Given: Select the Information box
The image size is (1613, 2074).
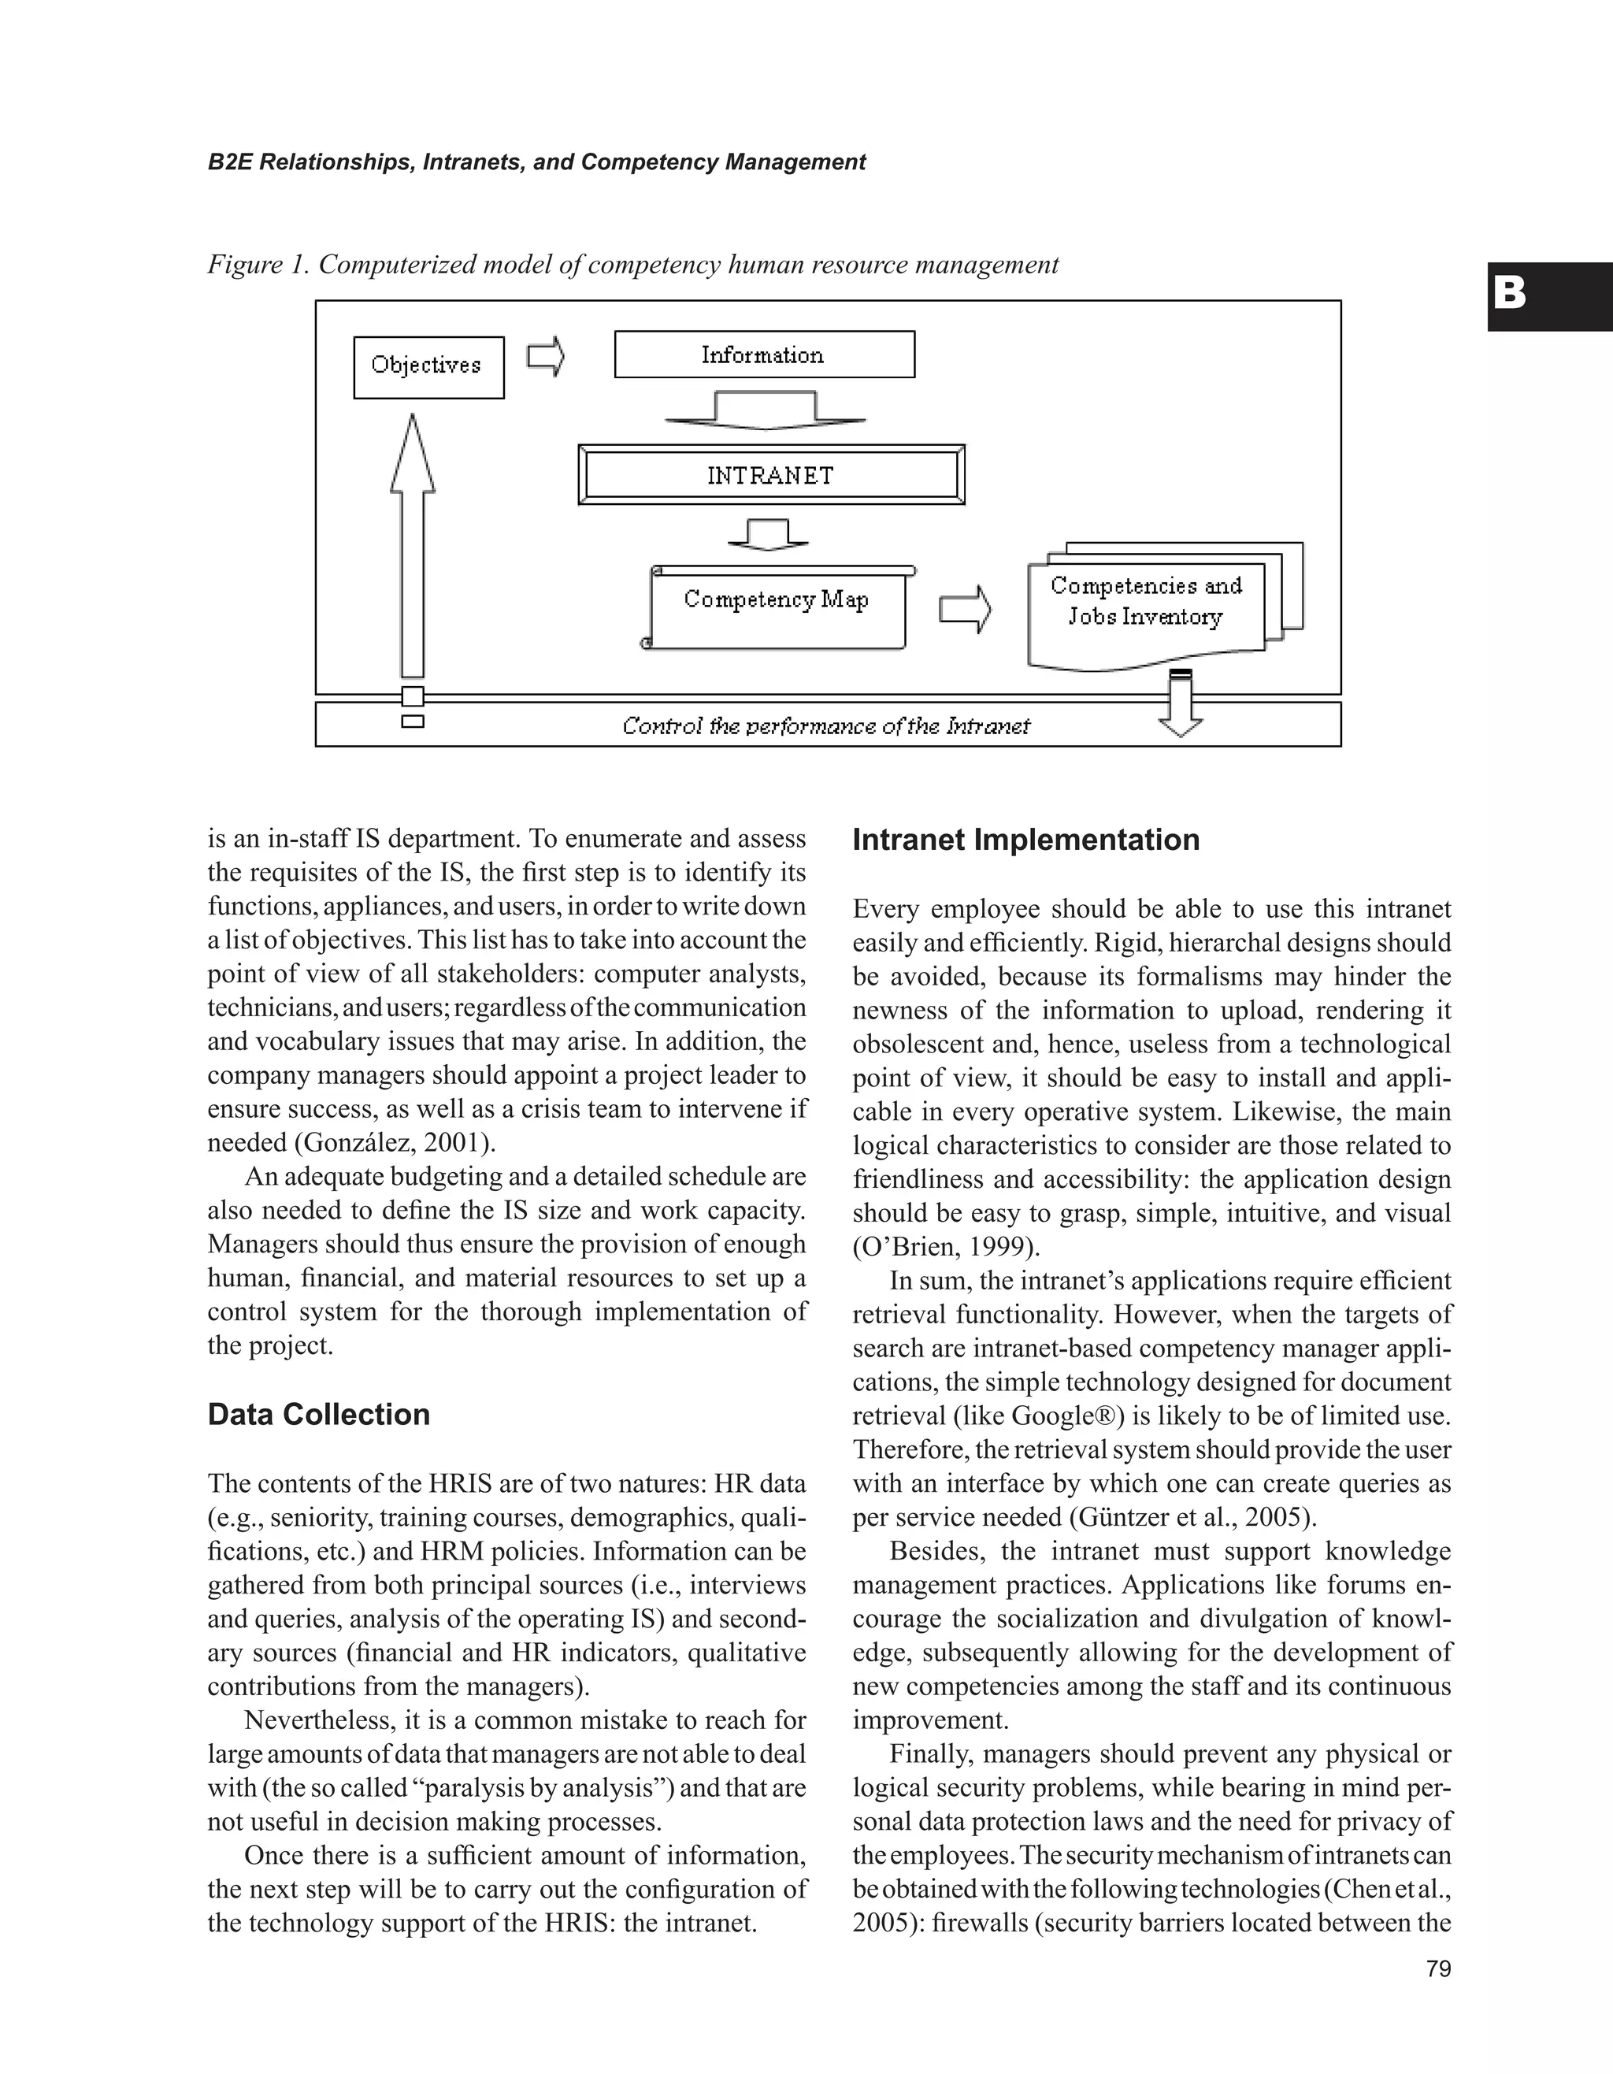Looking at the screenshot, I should (x=764, y=354).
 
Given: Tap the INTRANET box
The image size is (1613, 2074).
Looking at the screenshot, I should (x=770, y=475).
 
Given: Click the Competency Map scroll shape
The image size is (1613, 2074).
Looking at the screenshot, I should (x=777, y=606).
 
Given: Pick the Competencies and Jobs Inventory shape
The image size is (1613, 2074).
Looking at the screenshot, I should (x=1146, y=603).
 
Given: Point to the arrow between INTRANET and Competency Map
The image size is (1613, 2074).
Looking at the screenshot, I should (x=767, y=534).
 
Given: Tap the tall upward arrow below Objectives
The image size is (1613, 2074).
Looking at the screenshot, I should (x=412, y=546).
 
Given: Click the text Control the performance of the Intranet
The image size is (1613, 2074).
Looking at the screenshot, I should (x=826, y=726).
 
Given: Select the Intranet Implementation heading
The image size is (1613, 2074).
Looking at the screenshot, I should (x=1025, y=840).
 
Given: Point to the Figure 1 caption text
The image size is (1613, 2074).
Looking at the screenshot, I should (x=632, y=265).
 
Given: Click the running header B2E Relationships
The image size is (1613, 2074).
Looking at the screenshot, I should (x=536, y=162).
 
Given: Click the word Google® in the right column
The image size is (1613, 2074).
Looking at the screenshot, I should (x=1067, y=1416).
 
